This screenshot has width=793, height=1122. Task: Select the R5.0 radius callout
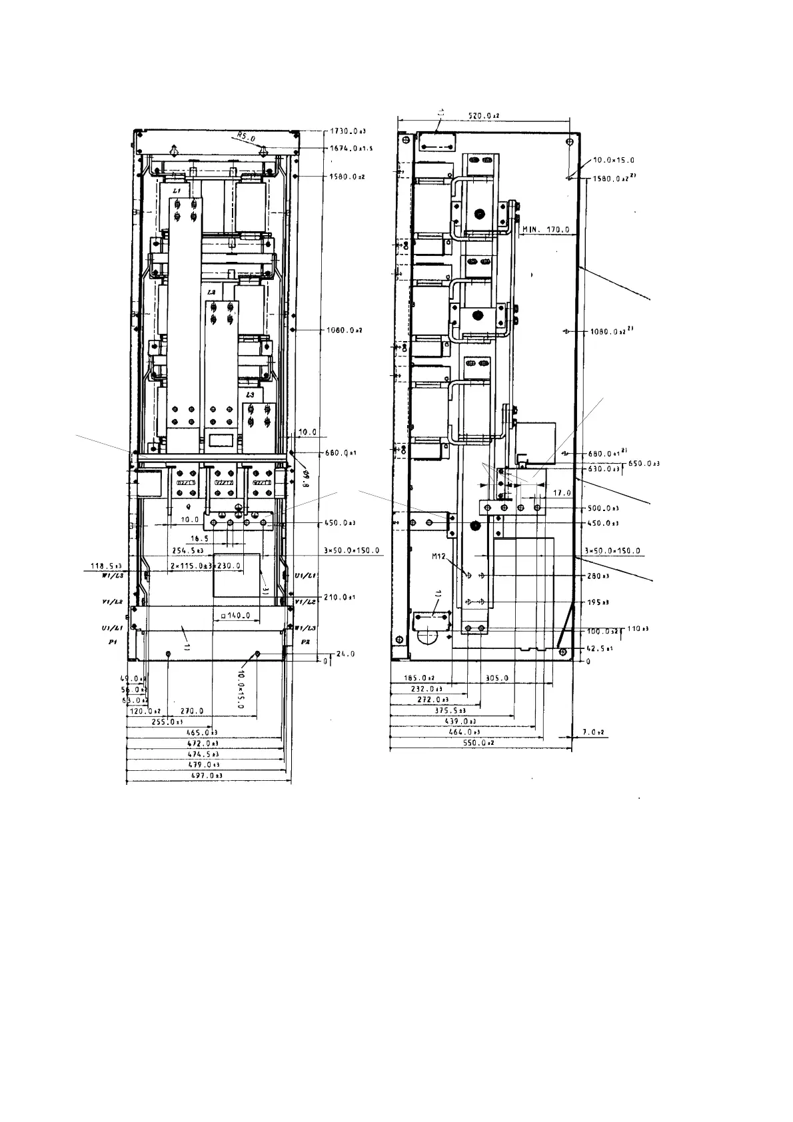coord(245,137)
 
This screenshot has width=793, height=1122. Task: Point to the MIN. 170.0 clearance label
coord(546,230)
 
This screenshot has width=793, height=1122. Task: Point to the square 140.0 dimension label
coord(234,616)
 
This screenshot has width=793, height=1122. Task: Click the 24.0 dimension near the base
coord(346,654)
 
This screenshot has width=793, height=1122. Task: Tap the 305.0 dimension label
coord(495,678)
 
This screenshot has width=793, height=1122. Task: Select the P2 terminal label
coord(305,642)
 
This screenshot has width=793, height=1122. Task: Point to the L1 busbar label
coord(177,191)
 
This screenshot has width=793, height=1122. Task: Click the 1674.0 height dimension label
coord(351,148)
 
